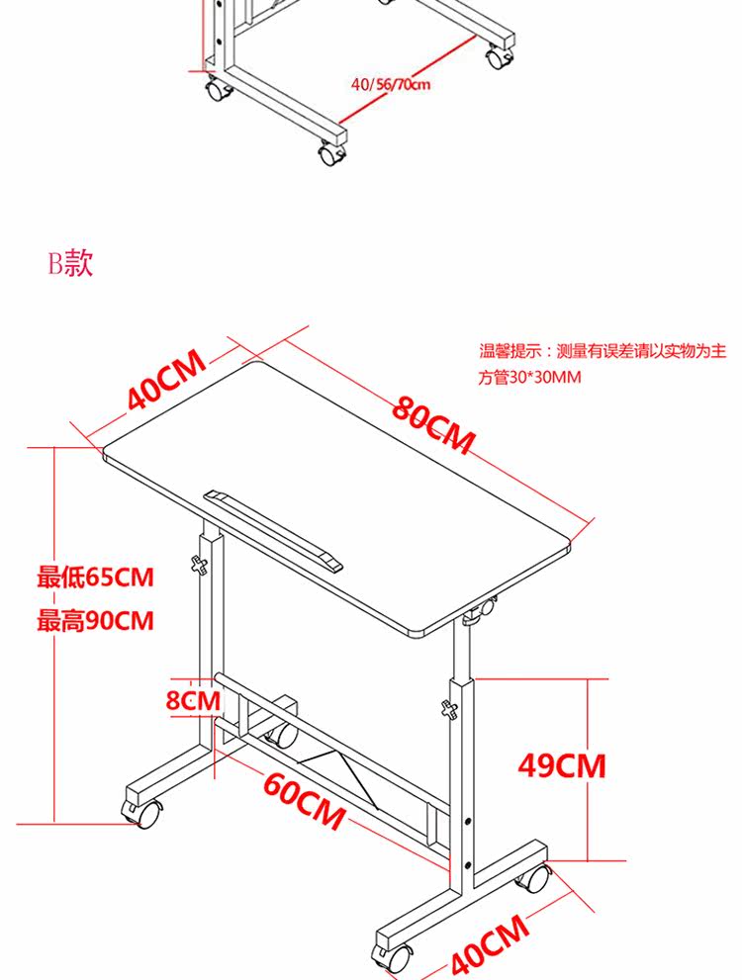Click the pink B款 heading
click(70, 263)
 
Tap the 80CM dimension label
click(433, 423)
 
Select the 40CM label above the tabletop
click(166, 379)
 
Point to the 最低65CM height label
click(96, 577)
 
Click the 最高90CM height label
click(96, 621)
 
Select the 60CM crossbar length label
click(304, 799)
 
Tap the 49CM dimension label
click(562, 764)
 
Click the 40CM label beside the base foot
click(489, 945)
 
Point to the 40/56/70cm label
click(391, 84)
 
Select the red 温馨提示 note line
click(603, 350)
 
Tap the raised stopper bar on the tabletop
click(273, 528)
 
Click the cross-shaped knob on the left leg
click(201, 566)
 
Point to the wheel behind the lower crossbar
click(284, 735)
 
